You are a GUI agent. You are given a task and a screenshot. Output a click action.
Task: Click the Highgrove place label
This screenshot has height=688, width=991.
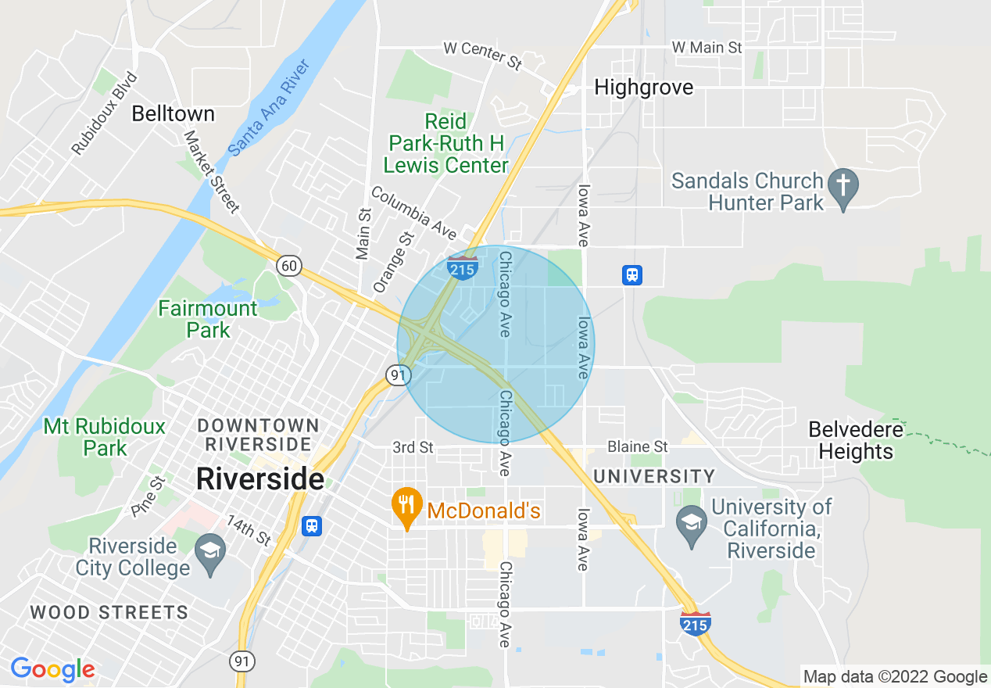(x=643, y=88)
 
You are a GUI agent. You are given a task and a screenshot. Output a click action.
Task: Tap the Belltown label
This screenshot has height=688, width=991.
(x=173, y=114)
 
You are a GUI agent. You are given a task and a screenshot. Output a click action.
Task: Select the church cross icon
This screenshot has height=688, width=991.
(x=843, y=186)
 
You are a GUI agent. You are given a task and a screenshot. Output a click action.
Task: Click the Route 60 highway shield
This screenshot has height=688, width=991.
(x=289, y=266)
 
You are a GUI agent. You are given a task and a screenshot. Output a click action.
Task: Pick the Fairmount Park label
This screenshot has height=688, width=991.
(x=207, y=319)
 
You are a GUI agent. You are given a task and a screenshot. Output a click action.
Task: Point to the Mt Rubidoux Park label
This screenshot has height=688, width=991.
(x=105, y=437)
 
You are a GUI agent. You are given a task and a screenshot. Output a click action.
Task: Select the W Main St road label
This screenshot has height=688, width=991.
(x=707, y=48)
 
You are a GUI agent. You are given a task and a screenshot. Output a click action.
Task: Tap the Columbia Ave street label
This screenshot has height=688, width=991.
(x=413, y=212)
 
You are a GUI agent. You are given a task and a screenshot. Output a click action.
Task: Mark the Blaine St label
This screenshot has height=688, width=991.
(x=638, y=446)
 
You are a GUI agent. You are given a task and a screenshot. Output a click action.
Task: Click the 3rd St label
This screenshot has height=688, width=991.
(x=413, y=447)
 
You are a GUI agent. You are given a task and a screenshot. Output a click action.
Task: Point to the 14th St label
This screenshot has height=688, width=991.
(x=249, y=532)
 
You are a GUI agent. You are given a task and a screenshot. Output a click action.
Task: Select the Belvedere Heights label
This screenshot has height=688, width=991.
(x=856, y=440)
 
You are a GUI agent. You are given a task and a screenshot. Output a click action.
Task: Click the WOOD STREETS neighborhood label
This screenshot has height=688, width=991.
(x=109, y=612)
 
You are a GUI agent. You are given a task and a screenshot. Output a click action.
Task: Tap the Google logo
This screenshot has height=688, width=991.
(x=52, y=670)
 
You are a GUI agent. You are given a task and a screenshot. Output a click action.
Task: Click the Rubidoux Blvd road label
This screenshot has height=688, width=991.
(x=104, y=114)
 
